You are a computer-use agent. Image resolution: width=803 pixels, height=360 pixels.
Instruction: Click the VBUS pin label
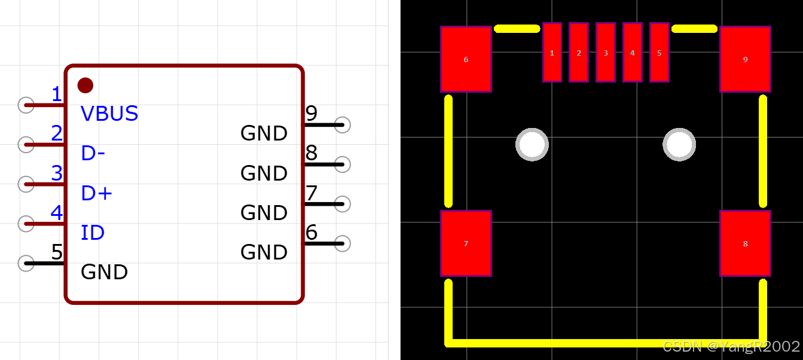(109, 114)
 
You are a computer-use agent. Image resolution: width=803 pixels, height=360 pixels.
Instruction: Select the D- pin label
(93, 154)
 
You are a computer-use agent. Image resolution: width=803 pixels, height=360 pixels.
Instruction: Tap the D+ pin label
(97, 193)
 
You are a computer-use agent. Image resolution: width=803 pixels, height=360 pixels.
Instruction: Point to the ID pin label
(93, 233)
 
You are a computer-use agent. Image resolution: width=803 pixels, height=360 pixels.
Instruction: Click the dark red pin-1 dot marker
(86, 85)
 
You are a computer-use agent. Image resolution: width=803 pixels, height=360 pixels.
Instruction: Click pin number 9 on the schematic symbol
(312, 113)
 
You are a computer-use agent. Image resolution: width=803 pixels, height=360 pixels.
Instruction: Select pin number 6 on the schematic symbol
(312, 232)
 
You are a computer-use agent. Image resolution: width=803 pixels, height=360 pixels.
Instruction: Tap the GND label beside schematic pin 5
(105, 272)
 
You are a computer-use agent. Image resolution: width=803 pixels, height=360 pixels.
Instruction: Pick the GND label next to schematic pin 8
(264, 173)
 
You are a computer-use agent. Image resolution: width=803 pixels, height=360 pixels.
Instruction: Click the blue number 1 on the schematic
(57, 94)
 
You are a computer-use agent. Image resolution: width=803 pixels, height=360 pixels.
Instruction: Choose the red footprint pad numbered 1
(552, 52)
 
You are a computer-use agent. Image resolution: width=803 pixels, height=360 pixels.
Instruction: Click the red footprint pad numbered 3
(606, 52)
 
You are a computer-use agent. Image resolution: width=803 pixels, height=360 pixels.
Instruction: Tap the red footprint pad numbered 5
(659, 52)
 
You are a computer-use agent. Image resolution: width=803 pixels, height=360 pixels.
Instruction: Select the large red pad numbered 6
(466, 59)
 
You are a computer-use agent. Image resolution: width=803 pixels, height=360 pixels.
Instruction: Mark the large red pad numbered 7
(466, 243)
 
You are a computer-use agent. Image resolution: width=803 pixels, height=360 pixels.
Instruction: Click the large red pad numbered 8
(745, 243)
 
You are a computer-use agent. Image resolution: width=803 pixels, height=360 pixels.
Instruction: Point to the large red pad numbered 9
(745, 59)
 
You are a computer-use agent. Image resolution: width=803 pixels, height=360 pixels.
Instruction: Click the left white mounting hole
(532, 144)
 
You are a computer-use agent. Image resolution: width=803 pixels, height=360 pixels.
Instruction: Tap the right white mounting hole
(679, 144)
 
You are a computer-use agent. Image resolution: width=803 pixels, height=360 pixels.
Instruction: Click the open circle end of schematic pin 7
(343, 203)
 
